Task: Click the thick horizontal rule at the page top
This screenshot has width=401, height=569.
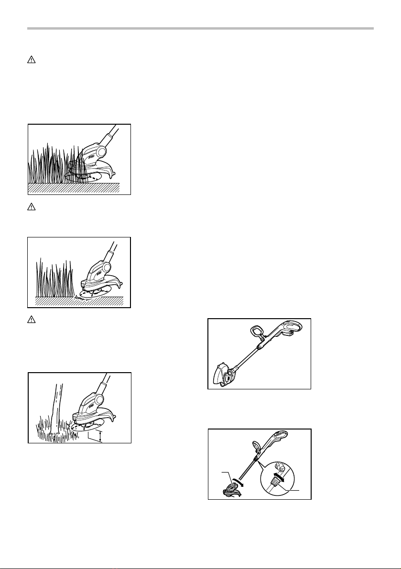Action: pos(200,29)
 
